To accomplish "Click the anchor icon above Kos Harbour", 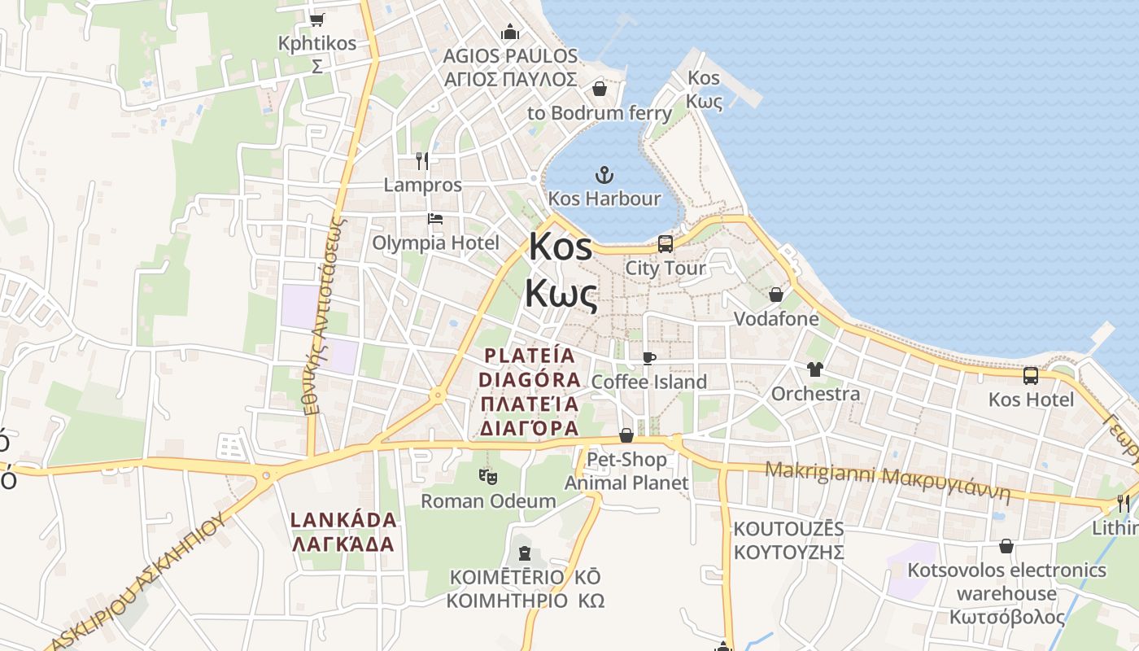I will pyautogui.click(x=604, y=174).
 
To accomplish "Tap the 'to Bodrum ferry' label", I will pyautogui.click(x=600, y=113).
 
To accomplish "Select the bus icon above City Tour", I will pyautogui.click(x=666, y=244).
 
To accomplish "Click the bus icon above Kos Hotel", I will pyautogui.click(x=1031, y=376).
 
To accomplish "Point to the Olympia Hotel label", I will pyautogui.click(x=435, y=242).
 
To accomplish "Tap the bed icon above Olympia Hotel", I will pyautogui.click(x=435, y=219).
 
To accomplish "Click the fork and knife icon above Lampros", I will pyautogui.click(x=421, y=160).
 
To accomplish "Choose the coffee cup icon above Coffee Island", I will pyautogui.click(x=648, y=358).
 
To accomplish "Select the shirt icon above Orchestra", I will pyautogui.click(x=815, y=369).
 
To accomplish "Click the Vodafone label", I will pyautogui.click(x=776, y=318).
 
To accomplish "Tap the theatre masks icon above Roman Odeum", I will pyautogui.click(x=487, y=476).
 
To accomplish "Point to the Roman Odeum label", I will pyautogui.click(x=487, y=500).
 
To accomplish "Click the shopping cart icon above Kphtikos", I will pyautogui.click(x=317, y=20).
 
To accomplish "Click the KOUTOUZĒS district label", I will pyautogui.click(x=788, y=540).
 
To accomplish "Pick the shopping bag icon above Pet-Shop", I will pyautogui.click(x=626, y=435).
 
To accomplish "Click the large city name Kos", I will pyautogui.click(x=561, y=247).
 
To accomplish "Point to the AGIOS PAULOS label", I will pyautogui.click(x=510, y=68).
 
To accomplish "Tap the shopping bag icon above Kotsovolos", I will pyautogui.click(x=1006, y=546).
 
